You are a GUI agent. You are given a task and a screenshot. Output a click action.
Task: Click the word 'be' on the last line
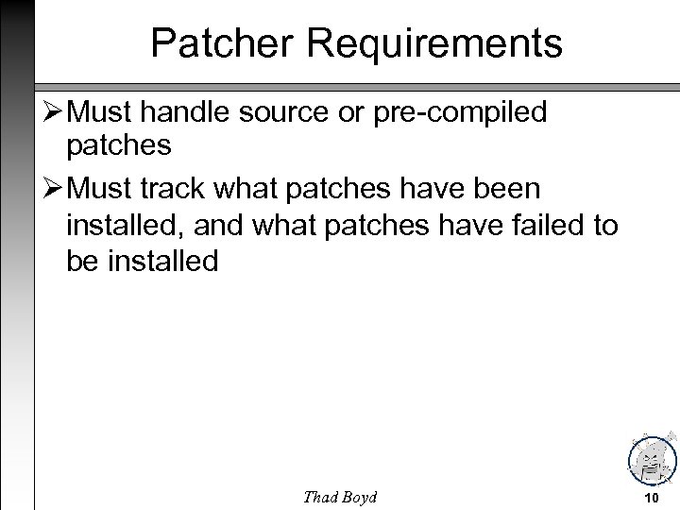point(81,261)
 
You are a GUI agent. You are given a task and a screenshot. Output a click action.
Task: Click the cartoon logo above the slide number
point(652,457)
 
